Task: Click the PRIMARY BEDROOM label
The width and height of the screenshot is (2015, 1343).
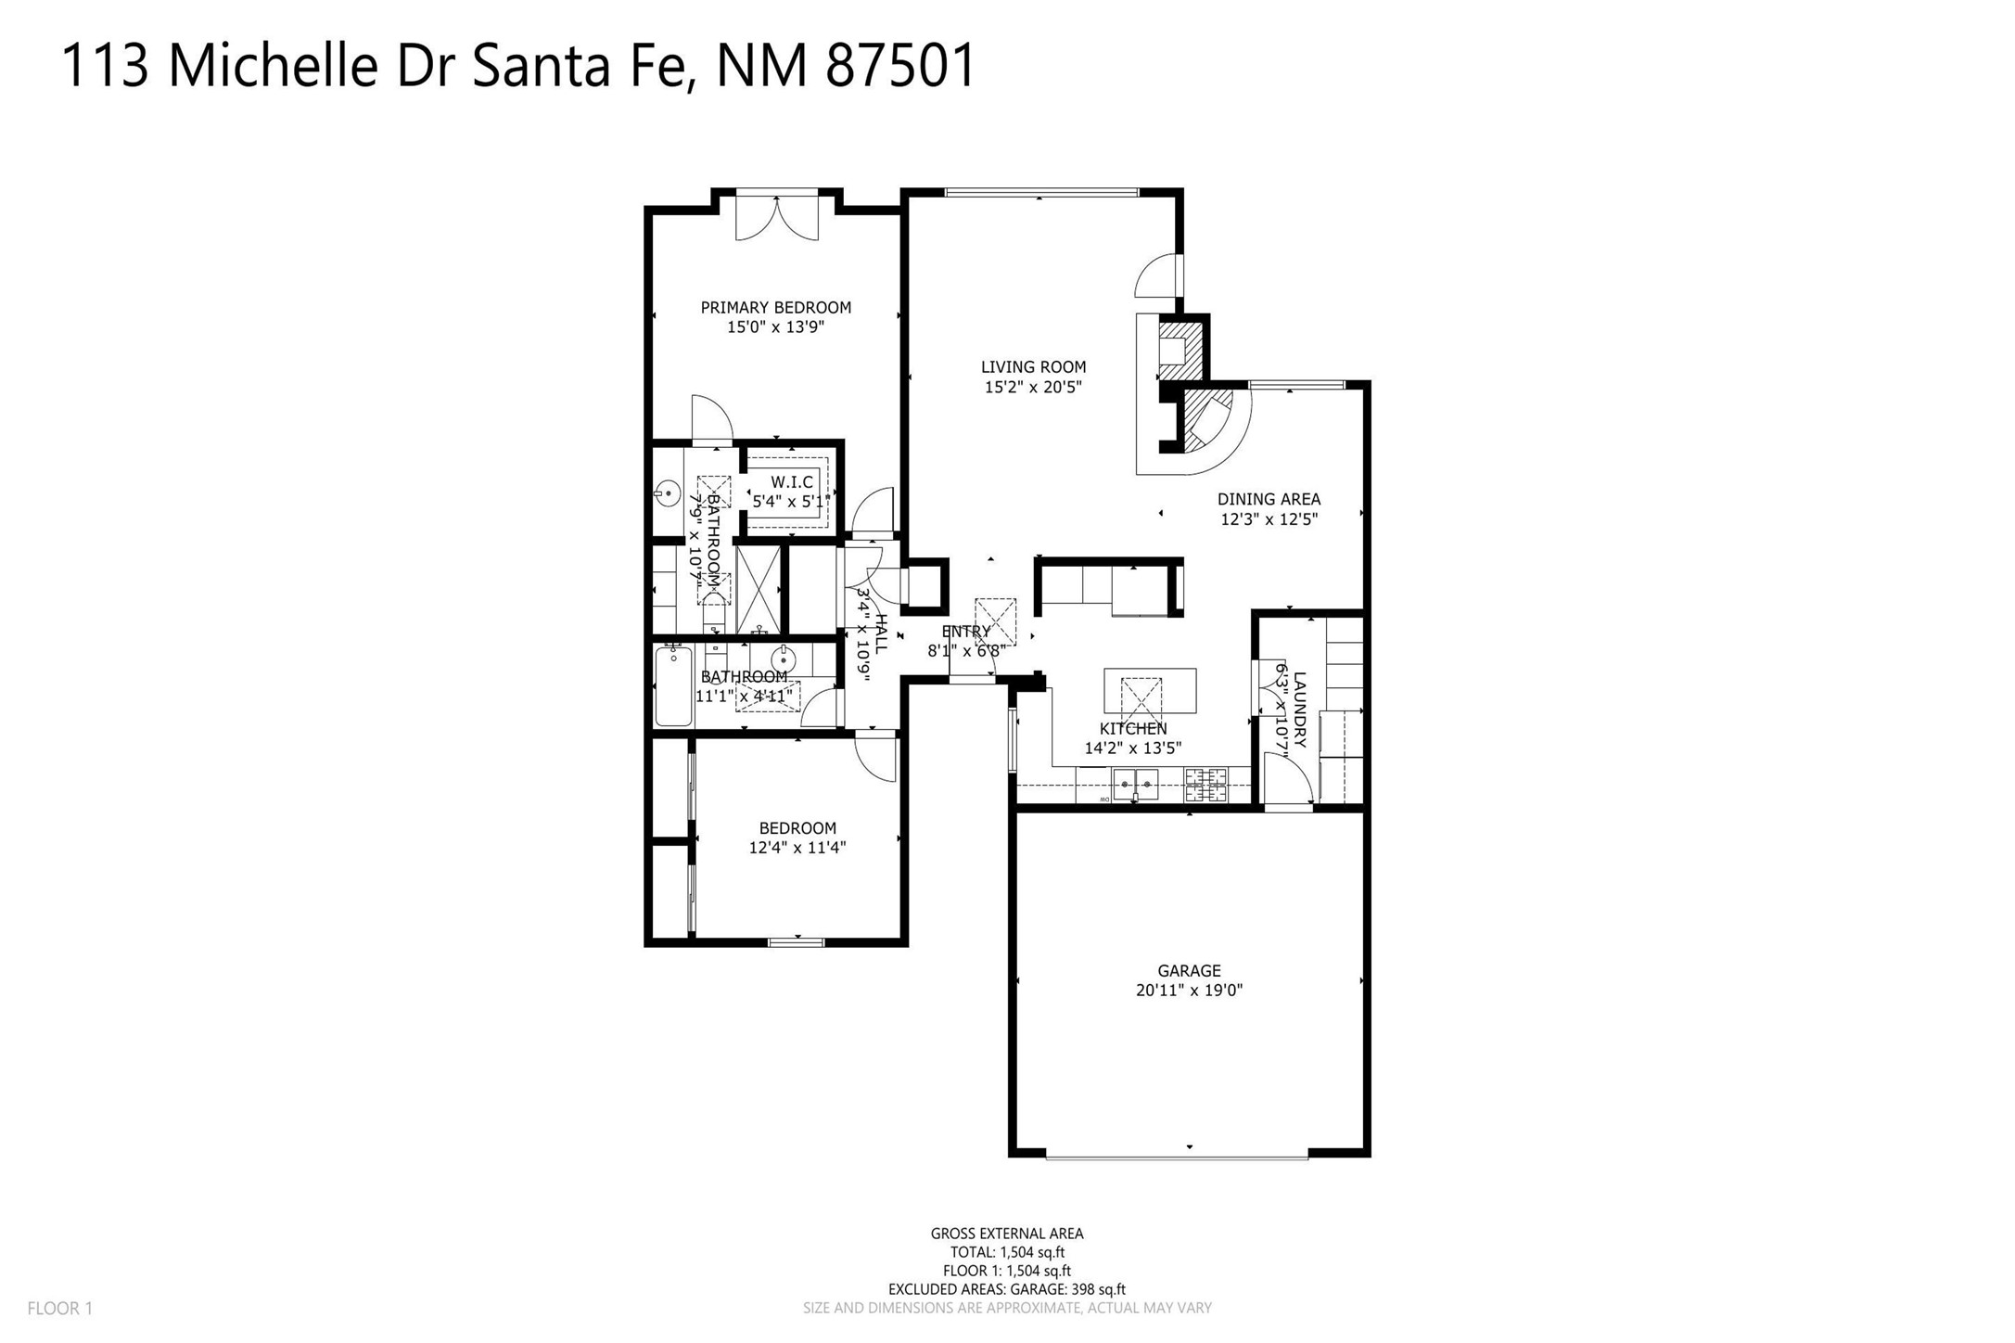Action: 775,307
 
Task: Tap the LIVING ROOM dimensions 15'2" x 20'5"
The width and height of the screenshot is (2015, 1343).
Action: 1033,387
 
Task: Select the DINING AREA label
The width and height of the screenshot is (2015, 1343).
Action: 1269,499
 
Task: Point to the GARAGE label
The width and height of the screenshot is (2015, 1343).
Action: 1189,970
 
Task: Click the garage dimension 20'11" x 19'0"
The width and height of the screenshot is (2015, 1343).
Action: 1189,990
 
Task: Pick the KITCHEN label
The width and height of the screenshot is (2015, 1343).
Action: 1133,729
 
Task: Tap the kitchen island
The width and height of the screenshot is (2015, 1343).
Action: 1150,690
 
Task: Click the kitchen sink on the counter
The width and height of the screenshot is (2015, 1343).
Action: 1135,785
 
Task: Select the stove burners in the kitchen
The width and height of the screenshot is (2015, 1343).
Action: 1205,785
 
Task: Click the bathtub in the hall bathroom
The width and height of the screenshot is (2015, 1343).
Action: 673,686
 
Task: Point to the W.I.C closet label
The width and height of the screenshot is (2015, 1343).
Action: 792,482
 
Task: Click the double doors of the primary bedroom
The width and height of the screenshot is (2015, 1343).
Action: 777,217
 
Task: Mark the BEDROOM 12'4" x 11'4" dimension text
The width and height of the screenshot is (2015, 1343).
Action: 797,847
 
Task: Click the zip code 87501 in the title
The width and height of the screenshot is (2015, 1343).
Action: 900,66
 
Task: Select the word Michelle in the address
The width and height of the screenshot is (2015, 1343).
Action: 273,66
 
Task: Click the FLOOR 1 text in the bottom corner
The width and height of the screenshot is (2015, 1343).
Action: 60,1309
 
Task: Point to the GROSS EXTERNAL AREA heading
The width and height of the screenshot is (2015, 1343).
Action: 1007,1234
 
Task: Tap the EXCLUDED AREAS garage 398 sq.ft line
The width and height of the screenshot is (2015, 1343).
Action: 1007,1289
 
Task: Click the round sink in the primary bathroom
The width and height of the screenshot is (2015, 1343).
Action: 666,492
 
